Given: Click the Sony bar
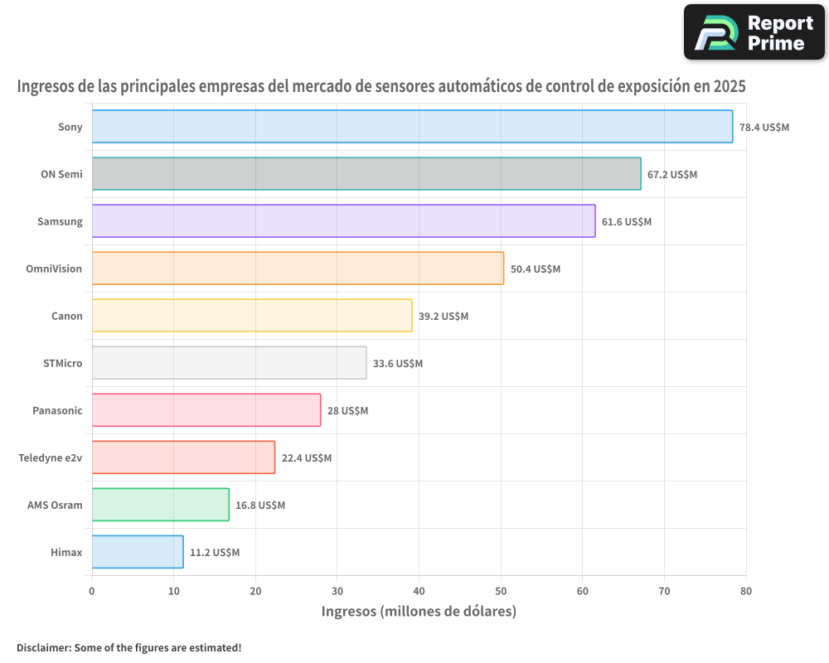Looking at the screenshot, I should [x=412, y=127].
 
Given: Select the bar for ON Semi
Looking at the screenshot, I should [x=366, y=174].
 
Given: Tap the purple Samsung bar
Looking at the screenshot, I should [x=343, y=221].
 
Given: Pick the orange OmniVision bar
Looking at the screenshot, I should [x=298, y=269].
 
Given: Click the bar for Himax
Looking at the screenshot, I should [x=138, y=552].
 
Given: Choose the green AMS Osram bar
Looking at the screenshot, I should [x=160, y=505].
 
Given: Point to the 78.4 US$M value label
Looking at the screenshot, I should [x=764, y=128].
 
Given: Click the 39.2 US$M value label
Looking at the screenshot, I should [x=444, y=317].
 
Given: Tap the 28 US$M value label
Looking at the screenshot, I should [x=347, y=411].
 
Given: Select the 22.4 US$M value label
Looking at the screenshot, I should [x=307, y=458].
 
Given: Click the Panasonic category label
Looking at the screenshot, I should [x=57, y=411].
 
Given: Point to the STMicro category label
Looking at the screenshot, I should [x=62, y=364].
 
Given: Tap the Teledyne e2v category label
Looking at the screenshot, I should [x=51, y=458].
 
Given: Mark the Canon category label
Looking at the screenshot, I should [x=67, y=317].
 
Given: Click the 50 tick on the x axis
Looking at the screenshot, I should [x=501, y=591].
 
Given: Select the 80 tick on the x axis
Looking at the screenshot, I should [x=746, y=591].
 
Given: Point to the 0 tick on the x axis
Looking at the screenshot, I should [x=92, y=591].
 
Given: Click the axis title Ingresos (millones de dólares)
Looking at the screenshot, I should [x=419, y=612].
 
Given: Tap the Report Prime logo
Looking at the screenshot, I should [x=754, y=32].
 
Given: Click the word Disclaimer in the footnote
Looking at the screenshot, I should [x=42, y=647].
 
